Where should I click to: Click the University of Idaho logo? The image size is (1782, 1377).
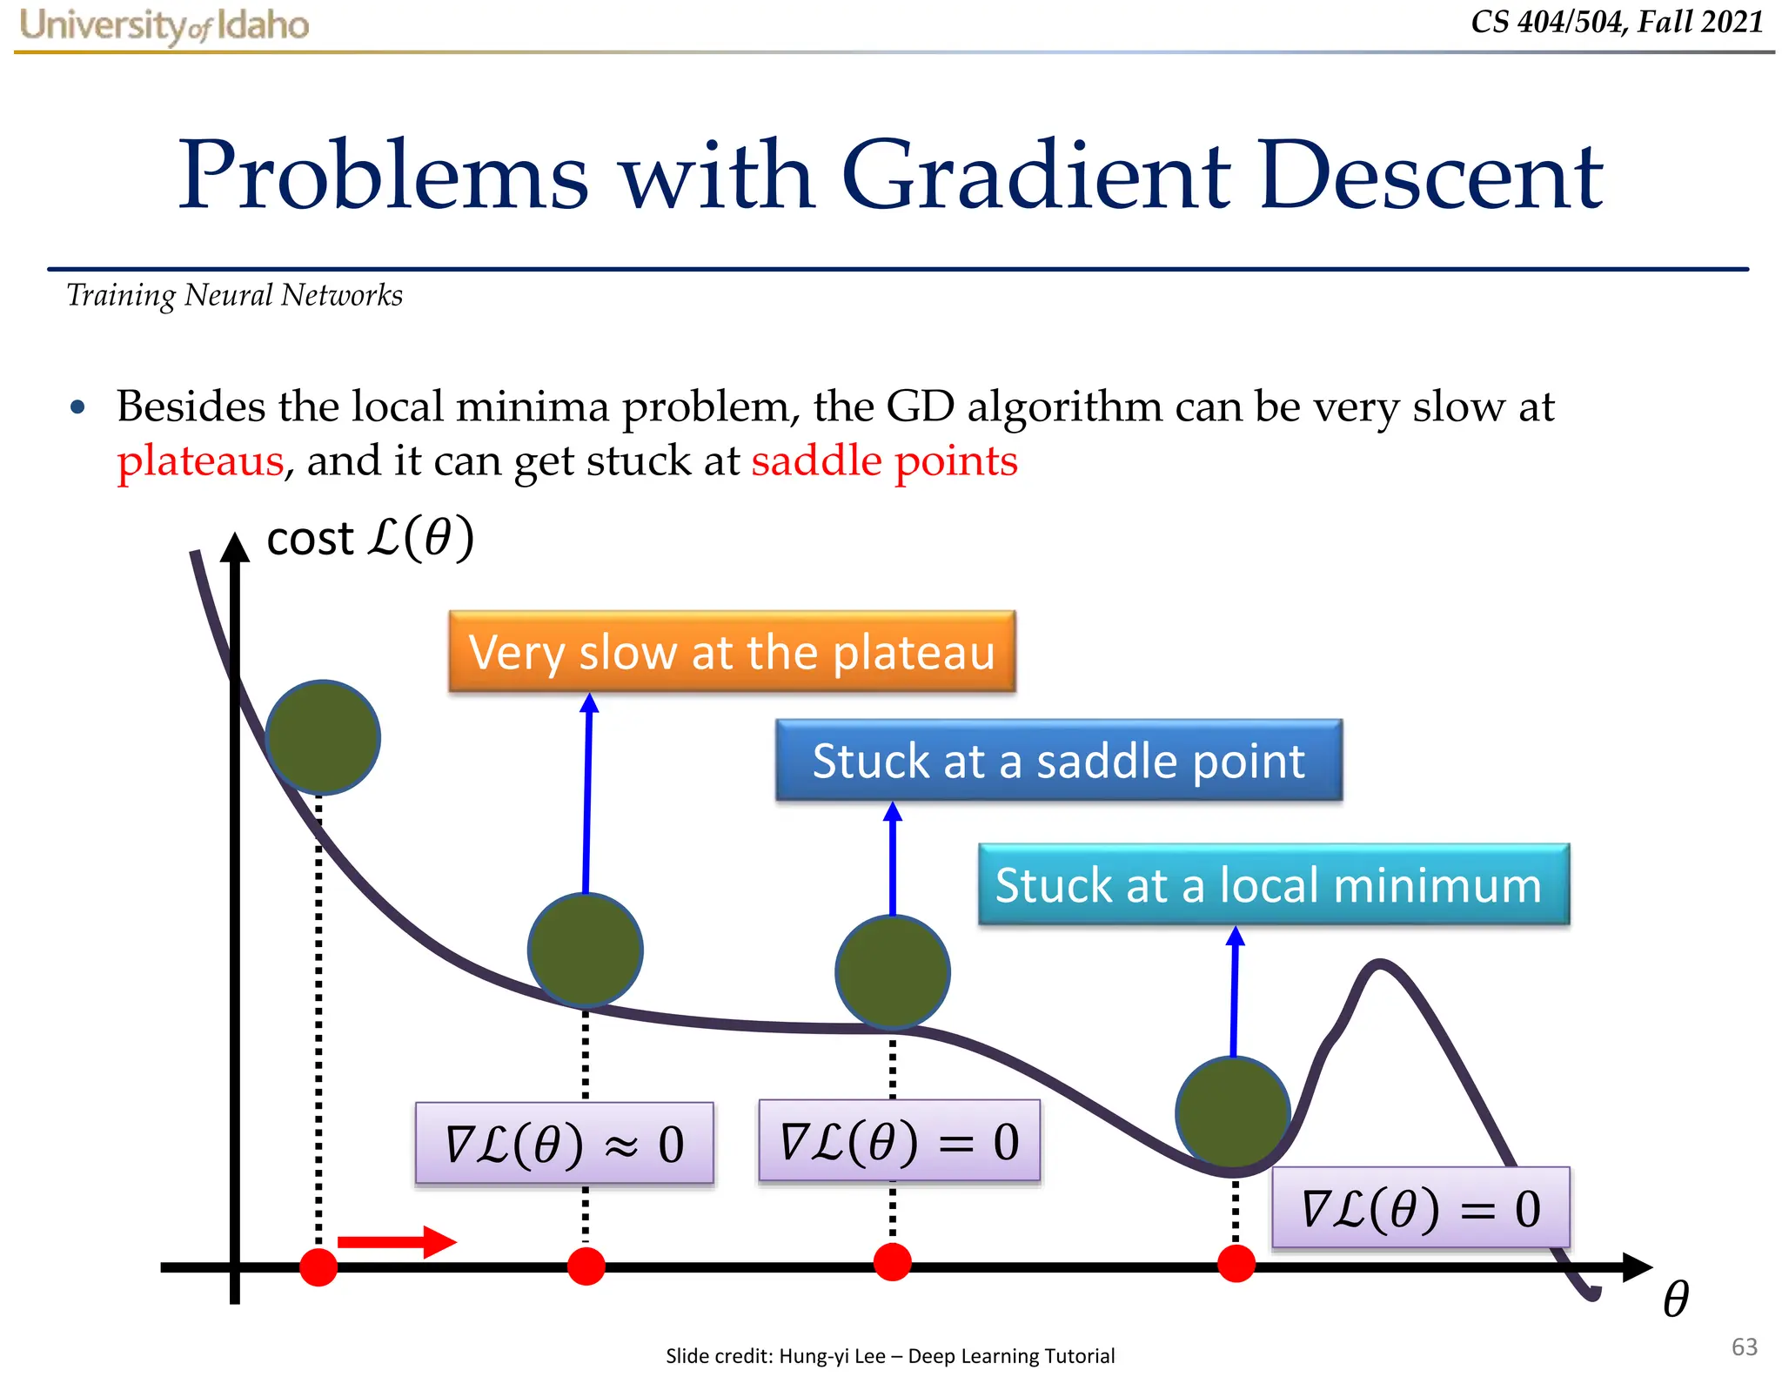tap(164, 25)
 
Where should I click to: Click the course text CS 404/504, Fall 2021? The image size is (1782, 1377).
tap(1617, 22)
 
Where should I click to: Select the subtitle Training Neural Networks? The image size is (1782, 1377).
tap(234, 296)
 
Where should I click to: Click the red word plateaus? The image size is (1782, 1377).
tap(200, 461)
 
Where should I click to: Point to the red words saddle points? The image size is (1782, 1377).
tap(884, 460)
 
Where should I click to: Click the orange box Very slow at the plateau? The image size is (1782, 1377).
tap(732, 652)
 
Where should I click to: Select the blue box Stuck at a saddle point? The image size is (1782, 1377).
tap(1058, 761)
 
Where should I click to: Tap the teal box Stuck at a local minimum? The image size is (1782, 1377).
tap(1273, 885)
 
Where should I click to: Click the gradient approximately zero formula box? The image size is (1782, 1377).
tap(564, 1144)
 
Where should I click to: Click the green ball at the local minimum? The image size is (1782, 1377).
tap(1232, 1112)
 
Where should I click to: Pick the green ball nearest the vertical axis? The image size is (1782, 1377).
tap(323, 737)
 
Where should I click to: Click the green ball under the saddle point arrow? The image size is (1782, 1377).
tap(892, 971)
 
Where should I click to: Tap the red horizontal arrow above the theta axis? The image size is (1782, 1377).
tap(396, 1242)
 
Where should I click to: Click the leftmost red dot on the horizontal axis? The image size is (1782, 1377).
tap(318, 1266)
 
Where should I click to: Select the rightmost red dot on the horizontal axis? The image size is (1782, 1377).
tap(1236, 1264)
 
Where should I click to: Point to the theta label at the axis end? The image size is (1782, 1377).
tap(1675, 1299)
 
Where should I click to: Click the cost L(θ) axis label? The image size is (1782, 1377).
tap(370, 538)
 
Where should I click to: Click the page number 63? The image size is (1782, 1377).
tap(1744, 1347)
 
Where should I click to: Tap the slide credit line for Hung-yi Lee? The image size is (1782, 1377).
tap(889, 1355)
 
